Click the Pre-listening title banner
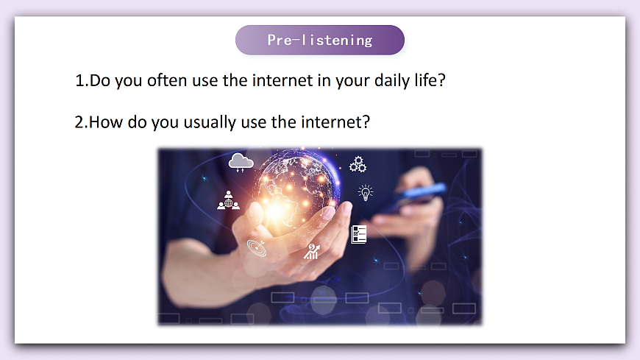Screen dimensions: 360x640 (x=319, y=40)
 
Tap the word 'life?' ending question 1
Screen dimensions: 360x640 (x=430, y=80)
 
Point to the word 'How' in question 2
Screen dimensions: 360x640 (x=105, y=121)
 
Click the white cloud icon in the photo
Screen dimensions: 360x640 (x=241, y=162)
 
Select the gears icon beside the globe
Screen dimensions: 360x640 (x=358, y=164)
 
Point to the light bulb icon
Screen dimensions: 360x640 (x=365, y=193)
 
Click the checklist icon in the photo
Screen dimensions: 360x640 (x=358, y=234)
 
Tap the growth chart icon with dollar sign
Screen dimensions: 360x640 (x=312, y=251)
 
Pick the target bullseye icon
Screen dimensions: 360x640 (x=257, y=248)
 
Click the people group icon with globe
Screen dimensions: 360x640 (x=228, y=200)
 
